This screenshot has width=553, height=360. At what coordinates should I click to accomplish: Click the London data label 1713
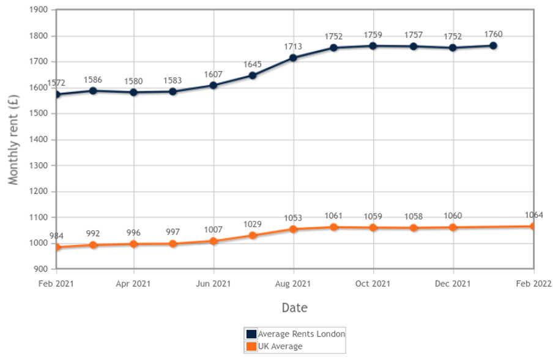click(x=293, y=46)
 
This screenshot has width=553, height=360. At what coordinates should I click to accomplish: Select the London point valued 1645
click(x=253, y=75)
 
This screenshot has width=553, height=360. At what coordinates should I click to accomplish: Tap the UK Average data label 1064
click(x=533, y=215)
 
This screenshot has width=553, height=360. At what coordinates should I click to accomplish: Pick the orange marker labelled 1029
click(x=253, y=235)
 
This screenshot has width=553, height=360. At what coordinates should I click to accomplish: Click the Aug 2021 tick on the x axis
click(x=293, y=283)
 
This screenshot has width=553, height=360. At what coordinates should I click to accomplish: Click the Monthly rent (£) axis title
click(x=13, y=140)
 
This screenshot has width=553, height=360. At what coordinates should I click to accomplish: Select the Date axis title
click(x=294, y=307)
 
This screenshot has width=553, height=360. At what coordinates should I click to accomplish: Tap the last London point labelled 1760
click(x=493, y=45)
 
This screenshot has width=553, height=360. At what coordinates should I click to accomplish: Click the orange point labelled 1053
click(x=293, y=229)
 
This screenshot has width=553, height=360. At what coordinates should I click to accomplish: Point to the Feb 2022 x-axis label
click(x=533, y=283)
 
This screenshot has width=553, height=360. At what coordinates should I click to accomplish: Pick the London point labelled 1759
click(x=373, y=45)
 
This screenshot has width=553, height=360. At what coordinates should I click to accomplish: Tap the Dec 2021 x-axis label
click(x=453, y=283)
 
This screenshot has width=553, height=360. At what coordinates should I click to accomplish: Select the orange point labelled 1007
click(x=213, y=241)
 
